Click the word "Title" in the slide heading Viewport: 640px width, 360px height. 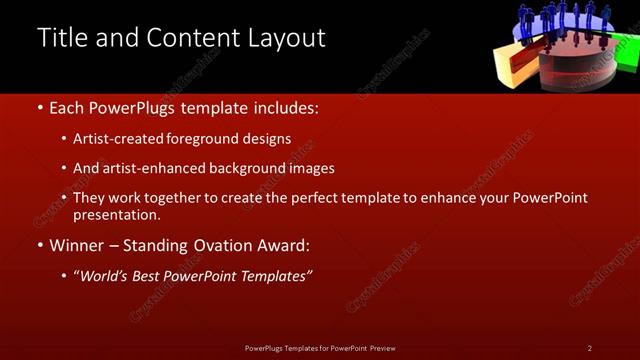(x=59, y=38)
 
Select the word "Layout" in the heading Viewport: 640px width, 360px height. (x=288, y=38)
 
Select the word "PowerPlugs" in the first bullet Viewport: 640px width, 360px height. (x=133, y=106)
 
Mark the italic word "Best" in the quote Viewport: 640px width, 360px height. (x=158, y=275)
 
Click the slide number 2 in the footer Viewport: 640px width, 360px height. (x=590, y=348)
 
